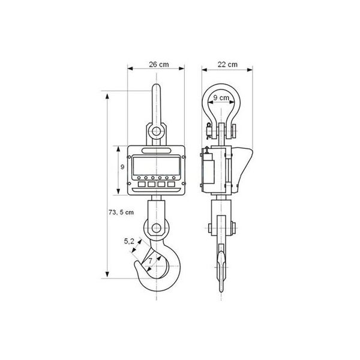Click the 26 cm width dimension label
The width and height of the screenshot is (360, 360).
click(x=159, y=65)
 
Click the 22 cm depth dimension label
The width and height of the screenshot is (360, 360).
click(x=227, y=65)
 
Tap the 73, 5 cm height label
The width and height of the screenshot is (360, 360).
click(x=121, y=212)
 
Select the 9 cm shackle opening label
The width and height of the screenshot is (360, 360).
click(x=221, y=98)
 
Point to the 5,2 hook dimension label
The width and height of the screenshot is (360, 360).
click(x=129, y=241)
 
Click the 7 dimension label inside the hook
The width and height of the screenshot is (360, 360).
click(x=151, y=261)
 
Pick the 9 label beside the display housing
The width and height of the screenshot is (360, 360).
click(x=122, y=167)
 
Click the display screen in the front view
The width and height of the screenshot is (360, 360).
click(x=157, y=166)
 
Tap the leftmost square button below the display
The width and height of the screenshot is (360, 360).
click(x=142, y=184)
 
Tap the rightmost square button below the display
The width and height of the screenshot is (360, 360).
click(x=171, y=184)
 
